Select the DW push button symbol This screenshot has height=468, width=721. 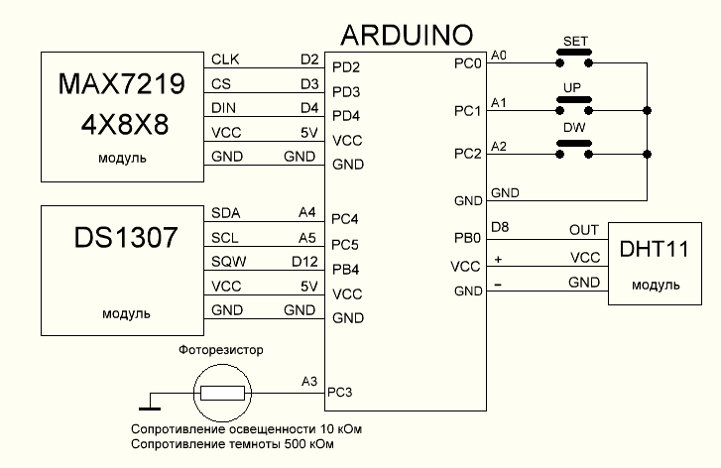tap(572, 149)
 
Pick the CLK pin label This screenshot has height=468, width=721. tap(223, 59)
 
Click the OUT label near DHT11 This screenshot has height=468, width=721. tap(584, 230)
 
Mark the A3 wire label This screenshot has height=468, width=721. tap(308, 381)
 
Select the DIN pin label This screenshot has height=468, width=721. tap(223, 107)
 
